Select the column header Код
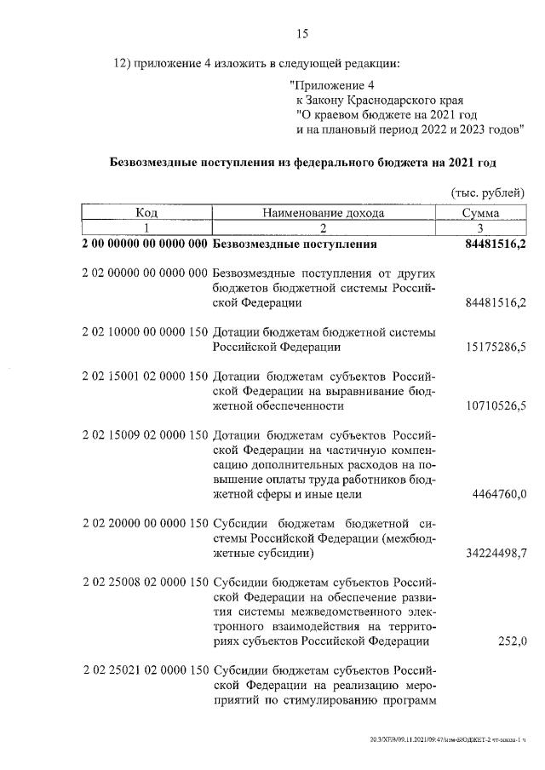coord(146,213)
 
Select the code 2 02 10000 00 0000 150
coord(145,331)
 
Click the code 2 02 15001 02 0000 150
coord(145,377)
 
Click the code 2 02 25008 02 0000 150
coord(145,583)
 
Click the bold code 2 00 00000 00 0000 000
coord(145,245)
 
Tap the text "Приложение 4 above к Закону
coord(331,84)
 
